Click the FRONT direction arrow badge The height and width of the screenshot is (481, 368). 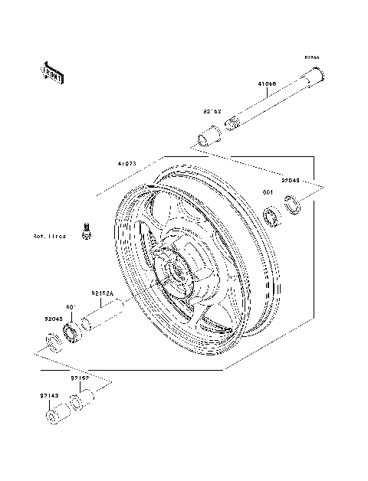coord(53,71)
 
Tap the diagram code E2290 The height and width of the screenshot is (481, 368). coord(311,57)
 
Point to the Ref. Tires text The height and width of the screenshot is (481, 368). coord(49,237)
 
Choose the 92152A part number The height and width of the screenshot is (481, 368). coord(102,293)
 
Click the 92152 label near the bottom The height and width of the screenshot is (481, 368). coord(82,378)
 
